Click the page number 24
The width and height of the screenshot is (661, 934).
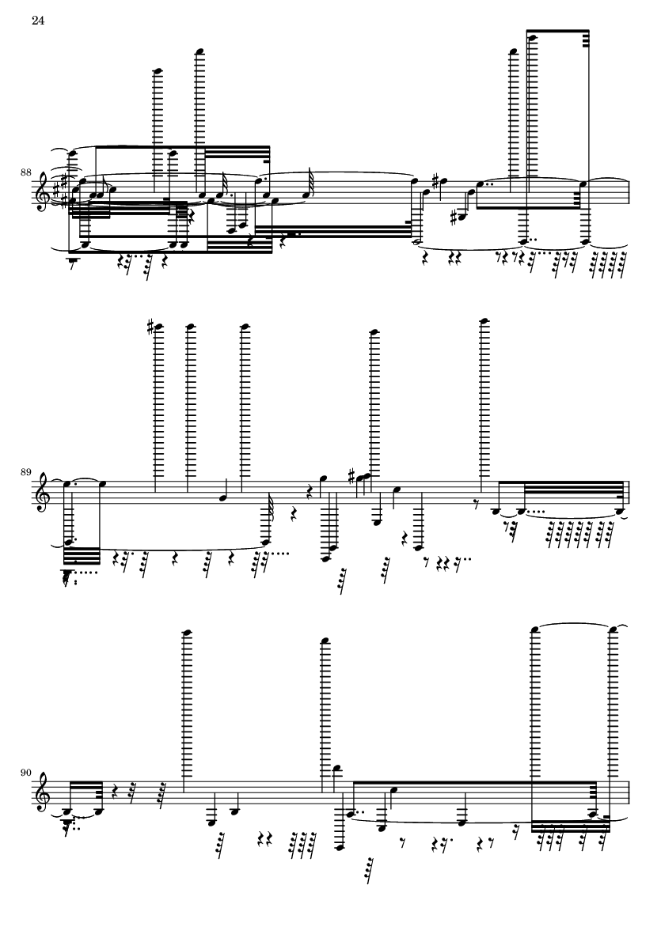point(38,21)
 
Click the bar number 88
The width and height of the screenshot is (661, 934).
point(25,172)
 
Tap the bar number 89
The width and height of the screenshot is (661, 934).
point(25,473)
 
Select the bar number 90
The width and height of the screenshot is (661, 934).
point(25,773)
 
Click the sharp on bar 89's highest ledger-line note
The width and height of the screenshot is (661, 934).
point(150,326)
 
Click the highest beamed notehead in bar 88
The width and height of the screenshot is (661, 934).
point(532,37)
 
